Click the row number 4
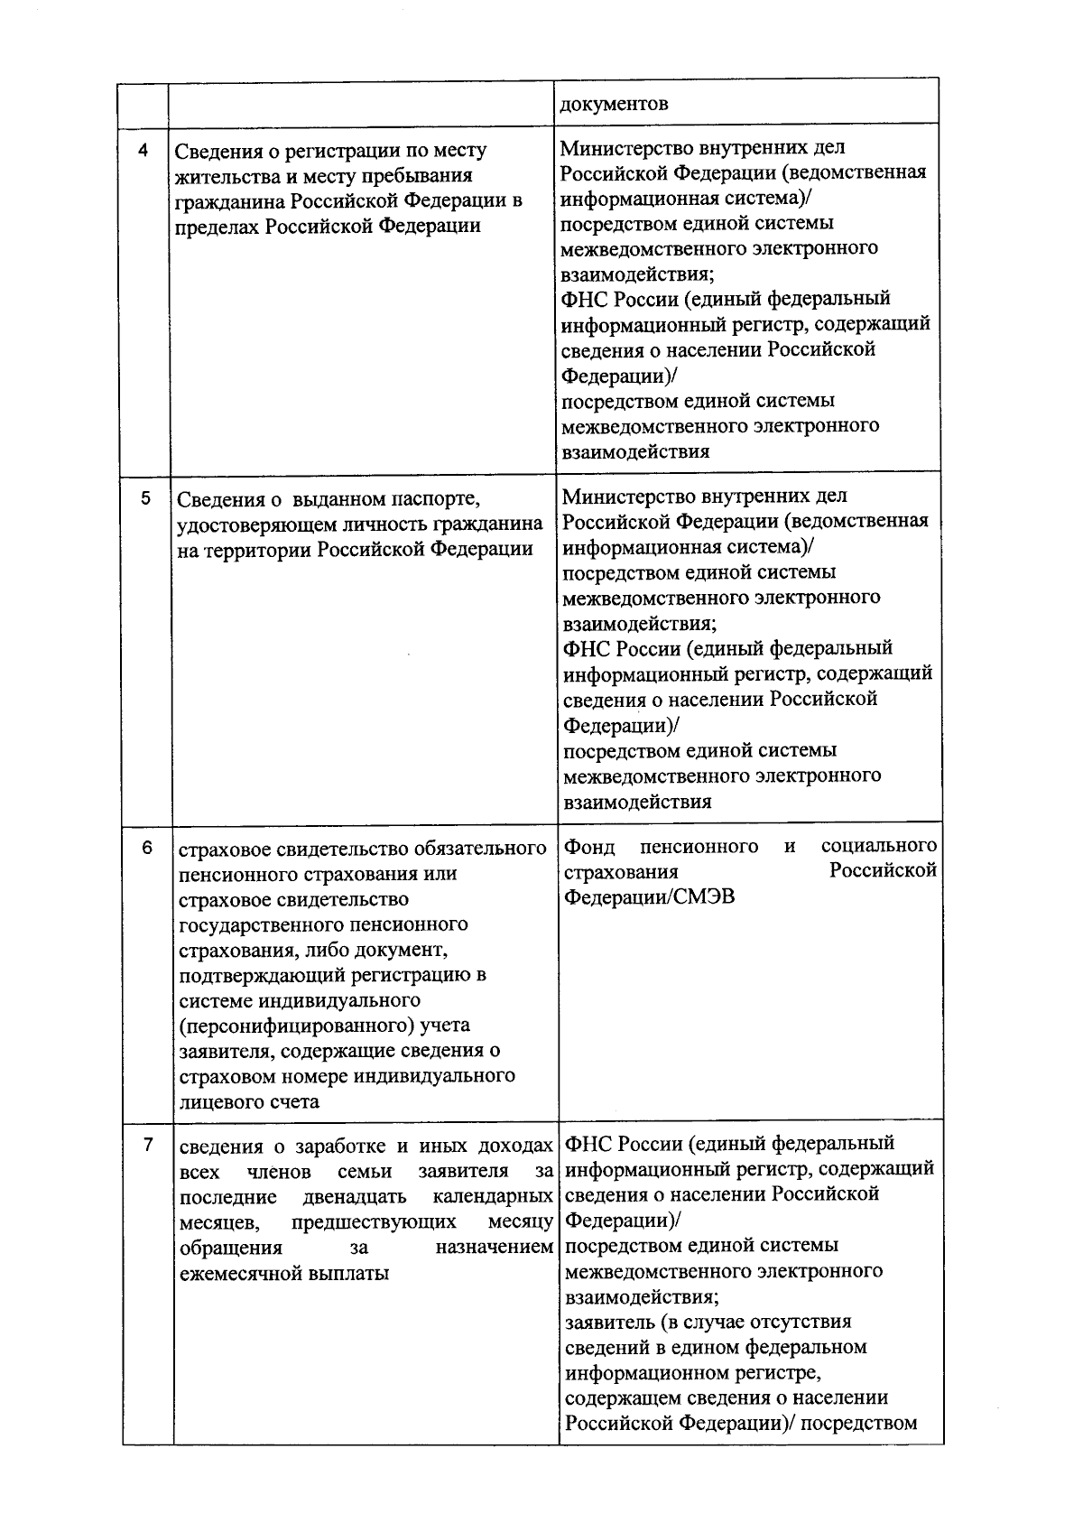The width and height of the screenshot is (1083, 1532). coord(143,151)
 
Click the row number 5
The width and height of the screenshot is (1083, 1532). coord(145,498)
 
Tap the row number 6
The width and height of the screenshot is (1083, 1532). coord(146,848)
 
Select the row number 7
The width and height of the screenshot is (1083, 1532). coord(147,1146)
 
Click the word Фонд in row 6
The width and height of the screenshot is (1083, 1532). coord(589,847)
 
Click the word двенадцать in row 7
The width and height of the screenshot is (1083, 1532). coord(354,1197)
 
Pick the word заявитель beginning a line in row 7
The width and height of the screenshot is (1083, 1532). coord(607,1322)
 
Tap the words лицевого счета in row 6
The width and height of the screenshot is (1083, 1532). coord(249,1101)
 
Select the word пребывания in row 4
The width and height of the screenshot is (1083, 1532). coord(422,175)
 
